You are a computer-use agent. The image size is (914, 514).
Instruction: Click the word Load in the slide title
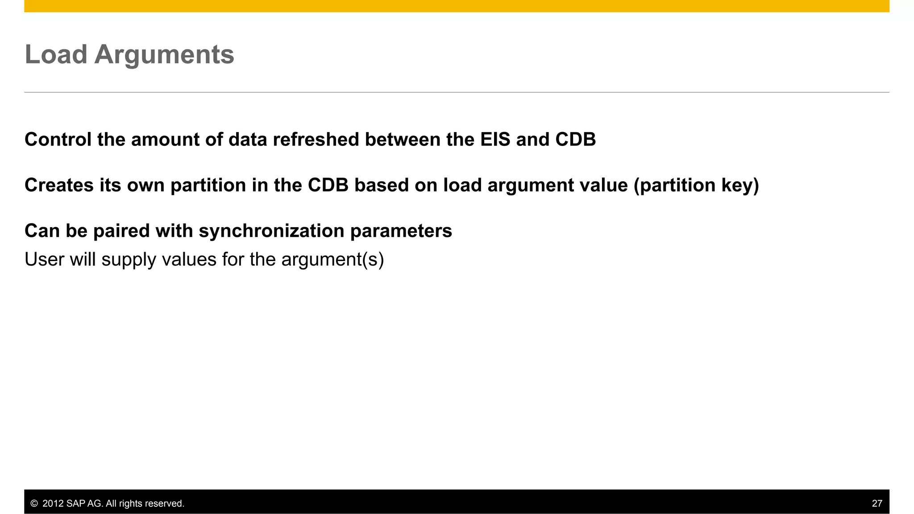click(x=56, y=54)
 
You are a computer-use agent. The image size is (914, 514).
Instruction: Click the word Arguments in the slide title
click(x=164, y=54)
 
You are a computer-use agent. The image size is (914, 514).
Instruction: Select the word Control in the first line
click(x=58, y=140)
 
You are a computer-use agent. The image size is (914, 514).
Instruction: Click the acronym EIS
click(x=495, y=140)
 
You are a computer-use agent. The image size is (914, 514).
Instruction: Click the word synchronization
click(x=271, y=231)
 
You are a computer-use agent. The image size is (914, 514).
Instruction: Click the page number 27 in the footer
click(x=877, y=503)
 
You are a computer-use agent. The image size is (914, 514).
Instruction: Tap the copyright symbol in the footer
click(x=34, y=503)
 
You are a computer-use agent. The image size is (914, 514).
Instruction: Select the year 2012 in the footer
click(x=53, y=503)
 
